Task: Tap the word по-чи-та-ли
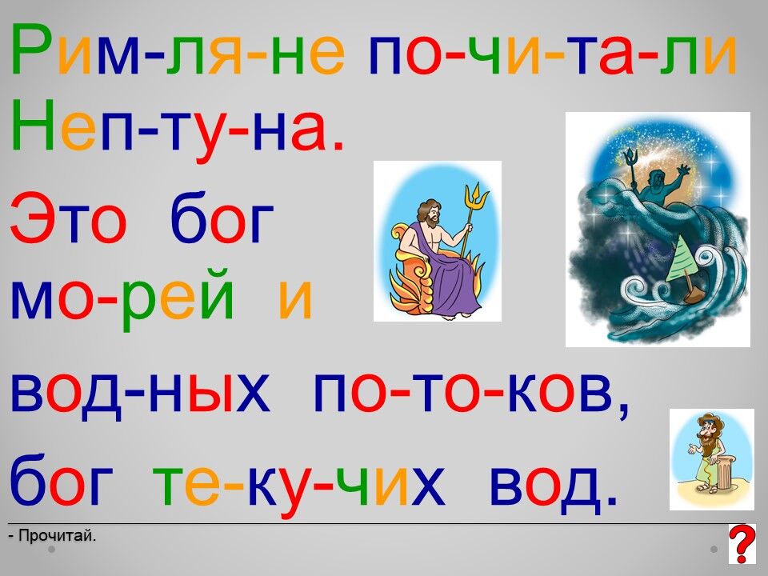pos(553,50)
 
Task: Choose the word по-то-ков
pos(470,394)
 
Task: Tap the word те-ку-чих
pos(298,482)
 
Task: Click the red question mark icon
pos(742,544)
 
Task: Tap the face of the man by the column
pos(706,432)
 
